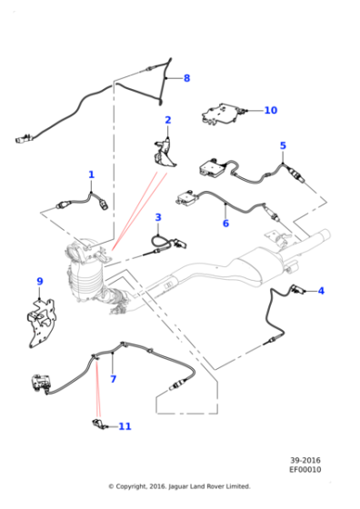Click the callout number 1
coord(91,175)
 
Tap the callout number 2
coord(168,120)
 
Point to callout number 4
coord(320,291)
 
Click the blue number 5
coord(283,145)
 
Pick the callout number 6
coord(225,224)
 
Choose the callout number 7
coord(113,379)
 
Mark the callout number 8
coord(186,78)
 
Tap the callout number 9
coord(39,281)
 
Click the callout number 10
coord(270,110)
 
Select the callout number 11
coord(125,426)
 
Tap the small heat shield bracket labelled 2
coord(165,150)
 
